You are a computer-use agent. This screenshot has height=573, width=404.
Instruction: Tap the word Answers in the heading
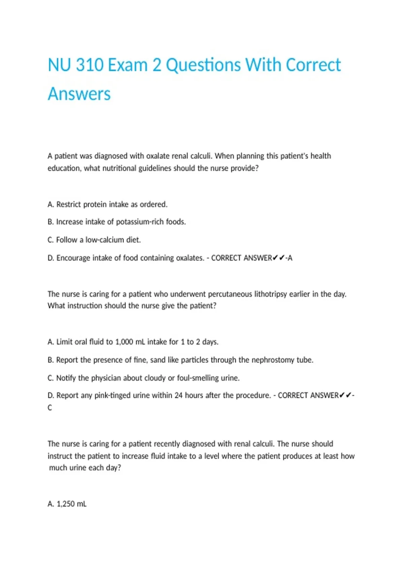pyautogui.click(x=79, y=94)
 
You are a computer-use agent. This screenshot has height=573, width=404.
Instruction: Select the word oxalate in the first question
pyautogui.click(x=158, y=156)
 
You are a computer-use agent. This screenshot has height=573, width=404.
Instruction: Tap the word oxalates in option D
pyautogui.click(x=188, y=258)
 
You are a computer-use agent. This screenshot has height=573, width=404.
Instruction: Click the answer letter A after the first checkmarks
pyautogui.click(x=290, y=258)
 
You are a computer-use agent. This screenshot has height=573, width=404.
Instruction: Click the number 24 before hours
pyautogui.click(x=178, y=395)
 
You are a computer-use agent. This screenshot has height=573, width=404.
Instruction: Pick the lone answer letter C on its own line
pyautogui.click(x=50, y=408)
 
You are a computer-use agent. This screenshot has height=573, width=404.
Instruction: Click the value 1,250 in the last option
pyautogui.click(x=66, y=504)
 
